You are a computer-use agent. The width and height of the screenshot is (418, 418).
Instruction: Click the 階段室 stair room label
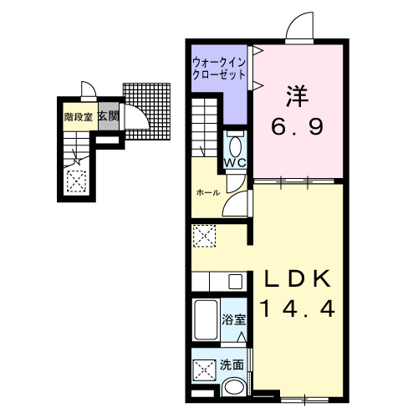(x=79, y=117)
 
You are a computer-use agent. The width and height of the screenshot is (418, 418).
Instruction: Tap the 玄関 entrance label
(x=107, y=117)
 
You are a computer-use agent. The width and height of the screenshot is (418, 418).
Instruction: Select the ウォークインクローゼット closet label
(x=219, y=67)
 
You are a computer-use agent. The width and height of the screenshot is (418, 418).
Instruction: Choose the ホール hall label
(x=207, y=192)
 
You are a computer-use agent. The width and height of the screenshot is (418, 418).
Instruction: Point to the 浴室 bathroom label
(x=234, y=319)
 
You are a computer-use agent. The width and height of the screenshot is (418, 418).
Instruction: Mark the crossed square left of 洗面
(x=203, y=369)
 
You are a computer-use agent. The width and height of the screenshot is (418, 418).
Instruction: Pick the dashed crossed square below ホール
(x=203, y=236)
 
